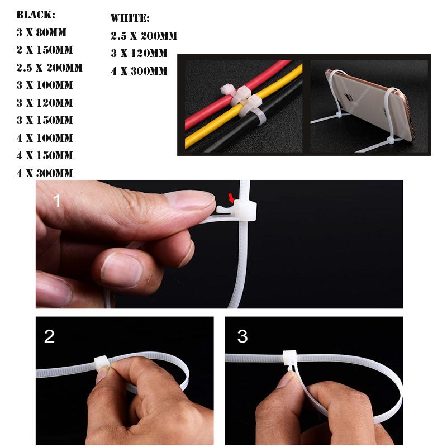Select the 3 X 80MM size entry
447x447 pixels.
point(44,33)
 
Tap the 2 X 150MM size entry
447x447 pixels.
point(45,50)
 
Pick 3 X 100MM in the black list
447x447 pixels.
point(45,85)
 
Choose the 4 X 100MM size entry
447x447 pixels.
point(45,138)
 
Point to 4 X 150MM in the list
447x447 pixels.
point(45,155)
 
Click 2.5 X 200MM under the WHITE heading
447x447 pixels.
point(144,36)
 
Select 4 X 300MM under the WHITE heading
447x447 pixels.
point(139,72)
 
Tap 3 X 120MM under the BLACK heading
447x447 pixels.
point(45,103)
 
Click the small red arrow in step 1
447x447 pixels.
point(232,197)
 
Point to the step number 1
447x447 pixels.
point(56,200)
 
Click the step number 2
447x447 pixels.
point(50,336)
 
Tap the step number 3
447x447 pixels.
point(242,336)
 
